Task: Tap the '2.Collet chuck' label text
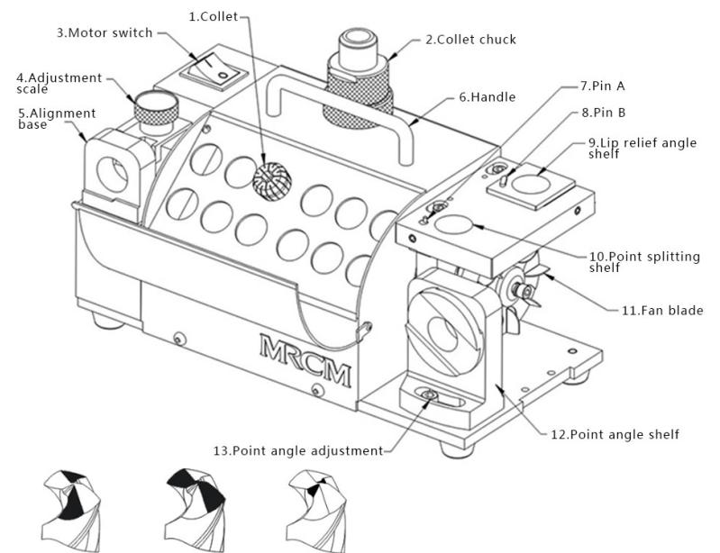[470, 40]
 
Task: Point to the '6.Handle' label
[488, 96]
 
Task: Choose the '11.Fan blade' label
[662, 311]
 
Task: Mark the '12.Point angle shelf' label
[615, 434]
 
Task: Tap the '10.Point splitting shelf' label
[643, 262]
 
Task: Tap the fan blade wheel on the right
[517, 286]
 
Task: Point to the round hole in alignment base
[113, 173]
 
